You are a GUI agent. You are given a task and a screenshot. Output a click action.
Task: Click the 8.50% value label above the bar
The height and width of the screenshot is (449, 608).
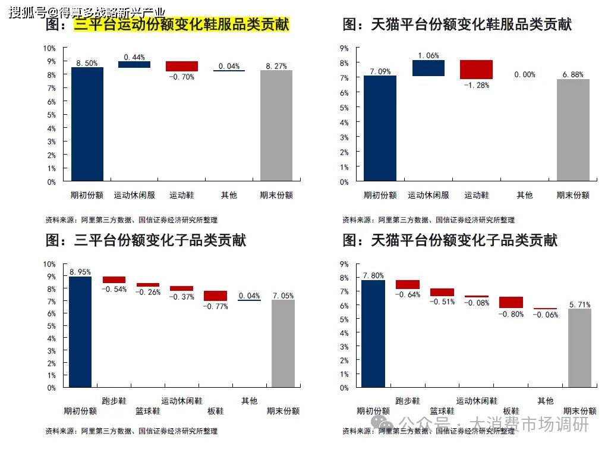point(87,63)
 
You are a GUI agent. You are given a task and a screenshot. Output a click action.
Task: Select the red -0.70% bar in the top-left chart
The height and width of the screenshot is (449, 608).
point(182,66)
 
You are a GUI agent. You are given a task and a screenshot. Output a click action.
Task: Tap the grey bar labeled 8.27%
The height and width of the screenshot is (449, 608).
point(276,125)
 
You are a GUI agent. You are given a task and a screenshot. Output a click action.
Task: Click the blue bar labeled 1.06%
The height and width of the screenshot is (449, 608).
point(429,68)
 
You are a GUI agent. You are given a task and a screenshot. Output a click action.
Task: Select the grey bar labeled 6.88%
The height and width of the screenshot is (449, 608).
point(573,130)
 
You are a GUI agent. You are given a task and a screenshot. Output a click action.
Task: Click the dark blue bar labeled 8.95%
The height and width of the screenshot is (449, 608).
point(80,332)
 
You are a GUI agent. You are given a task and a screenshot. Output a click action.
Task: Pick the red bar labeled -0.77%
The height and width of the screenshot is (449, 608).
point(215,296)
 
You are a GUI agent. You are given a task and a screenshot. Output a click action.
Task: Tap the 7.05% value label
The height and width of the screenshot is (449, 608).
point(283,296)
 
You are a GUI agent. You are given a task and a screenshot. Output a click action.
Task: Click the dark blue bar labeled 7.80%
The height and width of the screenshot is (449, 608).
point(373,334)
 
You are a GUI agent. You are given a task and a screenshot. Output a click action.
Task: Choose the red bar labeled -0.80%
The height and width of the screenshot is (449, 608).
point(511,302)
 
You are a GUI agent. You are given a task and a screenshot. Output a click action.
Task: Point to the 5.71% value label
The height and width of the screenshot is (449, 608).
point(579,304)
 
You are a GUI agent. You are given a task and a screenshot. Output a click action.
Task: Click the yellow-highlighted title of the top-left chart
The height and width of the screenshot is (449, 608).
point(181,25)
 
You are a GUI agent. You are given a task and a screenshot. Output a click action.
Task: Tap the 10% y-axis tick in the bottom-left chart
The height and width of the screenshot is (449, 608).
point(50,264)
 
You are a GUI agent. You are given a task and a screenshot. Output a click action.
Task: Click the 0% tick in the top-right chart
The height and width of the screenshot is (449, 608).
point(344,182)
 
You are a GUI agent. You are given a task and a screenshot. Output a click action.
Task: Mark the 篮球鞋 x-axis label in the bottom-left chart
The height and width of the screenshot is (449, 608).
point(148,411)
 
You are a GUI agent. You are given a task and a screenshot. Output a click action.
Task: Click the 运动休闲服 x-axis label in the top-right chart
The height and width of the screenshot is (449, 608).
point(429,195)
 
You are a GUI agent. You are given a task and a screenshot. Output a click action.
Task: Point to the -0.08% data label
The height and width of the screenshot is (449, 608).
point(477,302)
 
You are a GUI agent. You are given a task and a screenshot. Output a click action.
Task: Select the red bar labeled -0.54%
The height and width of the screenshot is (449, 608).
point(114,280)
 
